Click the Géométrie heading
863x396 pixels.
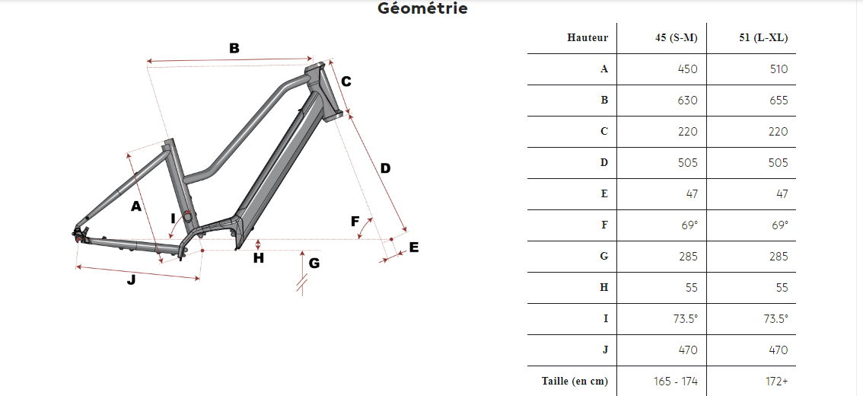(422, 8)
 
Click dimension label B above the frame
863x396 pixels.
(234, 49)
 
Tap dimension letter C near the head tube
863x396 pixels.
(346, 81)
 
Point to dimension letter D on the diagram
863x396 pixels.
(385, 168)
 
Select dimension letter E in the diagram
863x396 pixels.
(414, 247)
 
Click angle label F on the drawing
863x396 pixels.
(355, 222)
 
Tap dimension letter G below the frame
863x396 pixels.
(314, 263)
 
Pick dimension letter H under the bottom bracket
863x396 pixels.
(259, 257)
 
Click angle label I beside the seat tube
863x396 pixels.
(174, 219)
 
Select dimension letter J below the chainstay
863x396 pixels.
(131, 279)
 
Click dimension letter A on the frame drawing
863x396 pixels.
(136, 206)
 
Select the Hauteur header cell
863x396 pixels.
(588, 38)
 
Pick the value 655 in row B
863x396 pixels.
(779, 101)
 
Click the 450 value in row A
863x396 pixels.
(688, 69)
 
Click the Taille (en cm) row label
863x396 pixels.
(575, 381)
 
